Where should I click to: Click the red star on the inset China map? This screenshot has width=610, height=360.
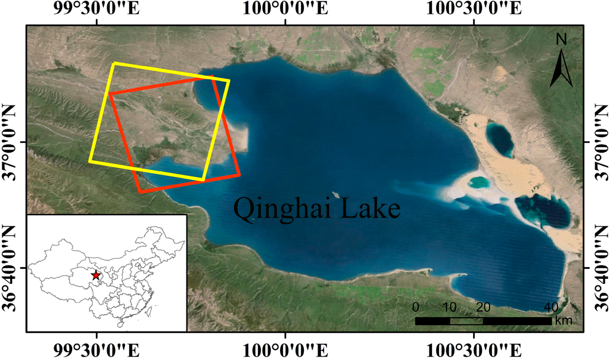coord(96,275)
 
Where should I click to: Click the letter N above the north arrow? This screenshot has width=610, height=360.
coord(561,39)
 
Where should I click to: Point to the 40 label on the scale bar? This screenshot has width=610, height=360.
coord(551,308)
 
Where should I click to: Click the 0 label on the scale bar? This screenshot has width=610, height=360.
coord(416,308)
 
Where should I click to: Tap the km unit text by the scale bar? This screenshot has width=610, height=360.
coord(563,321)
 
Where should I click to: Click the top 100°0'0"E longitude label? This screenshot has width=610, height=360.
coord(286,9)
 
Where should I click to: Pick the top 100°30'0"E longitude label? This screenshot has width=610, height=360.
coord(474,9)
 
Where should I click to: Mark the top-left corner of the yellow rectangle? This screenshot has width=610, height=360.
coord(114,63)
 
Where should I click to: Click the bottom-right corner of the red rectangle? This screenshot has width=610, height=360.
coord(239,175)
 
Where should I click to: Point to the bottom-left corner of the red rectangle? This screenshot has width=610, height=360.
coord(140,192)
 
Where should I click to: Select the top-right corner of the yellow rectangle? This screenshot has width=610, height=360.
coord(229,80)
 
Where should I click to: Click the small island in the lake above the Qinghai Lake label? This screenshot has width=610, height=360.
coord(336,194)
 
